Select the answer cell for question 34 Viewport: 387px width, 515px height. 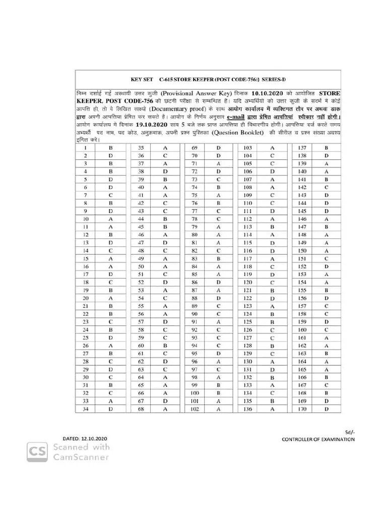click(110, 409)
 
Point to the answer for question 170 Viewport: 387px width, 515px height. click(327, 409)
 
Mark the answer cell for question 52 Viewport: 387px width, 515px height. click(165, 283)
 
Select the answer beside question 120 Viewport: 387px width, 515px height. click(272, 283)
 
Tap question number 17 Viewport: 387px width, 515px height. click(86, 275)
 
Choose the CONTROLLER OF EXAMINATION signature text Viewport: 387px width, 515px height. click(318, 440)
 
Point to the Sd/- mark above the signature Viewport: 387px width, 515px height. click(350, 432)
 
